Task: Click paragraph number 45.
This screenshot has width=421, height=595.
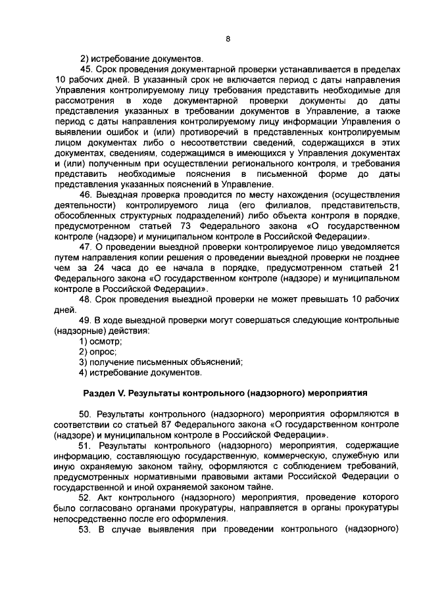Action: click(x=86, y=68)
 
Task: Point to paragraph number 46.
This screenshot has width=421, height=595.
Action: click(x=86, y=195)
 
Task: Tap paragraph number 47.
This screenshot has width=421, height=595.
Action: click(x=86, y=247)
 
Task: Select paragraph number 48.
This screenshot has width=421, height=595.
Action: click(x=86, y=298)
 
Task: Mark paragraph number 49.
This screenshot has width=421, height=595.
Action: click(x=86, y=319)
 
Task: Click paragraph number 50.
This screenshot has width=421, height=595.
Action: click(x=86, y=415)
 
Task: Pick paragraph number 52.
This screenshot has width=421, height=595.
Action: click(x=86, y=498)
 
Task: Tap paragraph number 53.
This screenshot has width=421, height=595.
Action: click(x=86, y=529)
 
